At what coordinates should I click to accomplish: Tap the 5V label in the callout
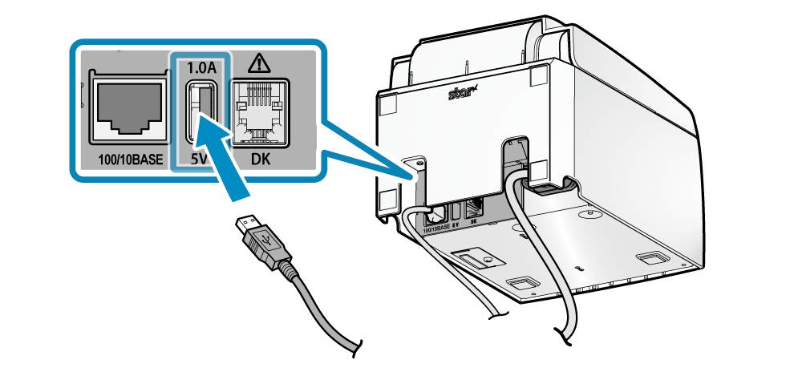[198, 160]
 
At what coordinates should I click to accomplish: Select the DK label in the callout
[261, 160]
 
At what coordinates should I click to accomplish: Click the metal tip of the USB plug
[245, 225]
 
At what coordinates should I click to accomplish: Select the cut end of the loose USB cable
[353, 348]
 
